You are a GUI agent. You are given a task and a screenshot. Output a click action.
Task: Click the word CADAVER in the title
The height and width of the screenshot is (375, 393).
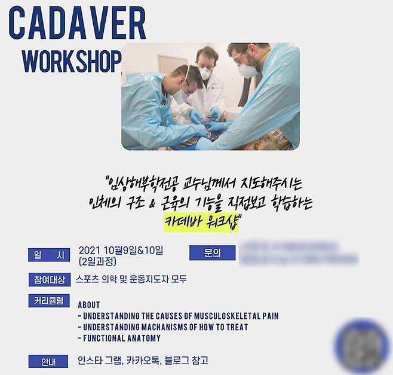[x=77, y=25]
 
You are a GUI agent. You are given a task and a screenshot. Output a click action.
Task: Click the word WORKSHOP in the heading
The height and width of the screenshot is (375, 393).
[x=71, y=60]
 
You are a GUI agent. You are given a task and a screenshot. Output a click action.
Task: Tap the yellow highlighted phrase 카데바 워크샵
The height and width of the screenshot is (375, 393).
[x=201, y=222]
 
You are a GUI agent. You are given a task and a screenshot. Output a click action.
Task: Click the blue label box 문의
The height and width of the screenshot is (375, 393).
[x=212, y=253]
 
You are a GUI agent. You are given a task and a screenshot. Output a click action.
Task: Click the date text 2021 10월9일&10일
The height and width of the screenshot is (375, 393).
[x=125, y=250]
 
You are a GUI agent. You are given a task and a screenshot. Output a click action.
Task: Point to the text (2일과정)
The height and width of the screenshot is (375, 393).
[x=98, y=261]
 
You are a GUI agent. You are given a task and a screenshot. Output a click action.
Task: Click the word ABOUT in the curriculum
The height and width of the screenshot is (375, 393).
[x=89, y=304]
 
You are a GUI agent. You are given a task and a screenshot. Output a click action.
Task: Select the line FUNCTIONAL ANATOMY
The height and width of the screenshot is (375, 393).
[x=119, y=338]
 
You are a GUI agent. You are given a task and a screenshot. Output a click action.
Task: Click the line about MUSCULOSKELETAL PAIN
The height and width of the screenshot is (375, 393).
[x=178, y=316]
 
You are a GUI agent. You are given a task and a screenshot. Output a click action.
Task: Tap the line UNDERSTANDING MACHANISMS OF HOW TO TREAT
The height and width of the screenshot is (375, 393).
[x=162, y=327]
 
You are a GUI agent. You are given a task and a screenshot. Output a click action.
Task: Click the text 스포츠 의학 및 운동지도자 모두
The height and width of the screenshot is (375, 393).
[x=131, y=279]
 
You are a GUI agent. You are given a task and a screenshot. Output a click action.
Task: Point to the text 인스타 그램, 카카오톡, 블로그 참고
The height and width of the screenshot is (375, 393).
[x=143, y=361]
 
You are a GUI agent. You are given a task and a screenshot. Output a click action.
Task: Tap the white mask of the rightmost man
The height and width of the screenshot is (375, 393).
[x=247, y=71]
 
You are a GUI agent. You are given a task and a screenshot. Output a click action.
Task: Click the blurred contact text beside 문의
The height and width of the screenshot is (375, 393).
[x=297, y=253]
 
